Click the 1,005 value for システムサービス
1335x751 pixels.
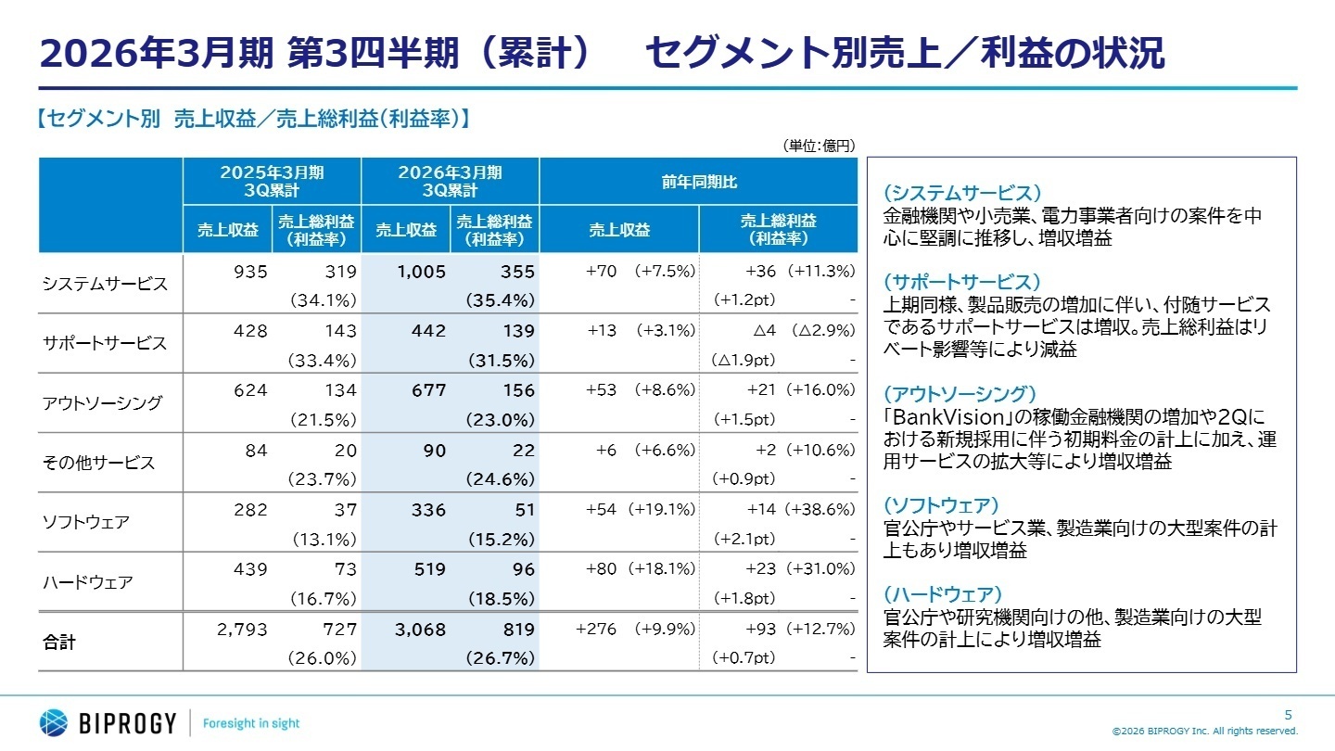[x=422, y=272]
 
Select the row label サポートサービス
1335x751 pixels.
[x=105, y=343]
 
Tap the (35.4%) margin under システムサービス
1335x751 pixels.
[x=501, y=300]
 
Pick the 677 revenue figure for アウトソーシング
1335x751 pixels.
[x=427, y=390]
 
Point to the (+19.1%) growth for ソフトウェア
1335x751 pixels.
[x=661, y=509]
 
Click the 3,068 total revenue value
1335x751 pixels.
[x=420, y=630]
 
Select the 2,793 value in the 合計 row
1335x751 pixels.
[x=242, y=630]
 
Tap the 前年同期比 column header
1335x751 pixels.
[x=697, y=182]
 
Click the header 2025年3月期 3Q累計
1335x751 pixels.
[x=272, y=182]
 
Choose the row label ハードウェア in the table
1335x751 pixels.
[x=87, y=582]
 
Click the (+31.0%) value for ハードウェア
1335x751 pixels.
[x=820, y=568]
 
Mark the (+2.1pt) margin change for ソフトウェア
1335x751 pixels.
[x=744, y=539]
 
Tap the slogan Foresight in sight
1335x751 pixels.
[x=251, y=723]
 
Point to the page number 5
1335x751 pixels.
[x=1288, y=714]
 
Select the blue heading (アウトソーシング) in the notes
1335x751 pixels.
[x=959, y=394]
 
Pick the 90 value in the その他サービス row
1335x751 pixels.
[x=435, y=450]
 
